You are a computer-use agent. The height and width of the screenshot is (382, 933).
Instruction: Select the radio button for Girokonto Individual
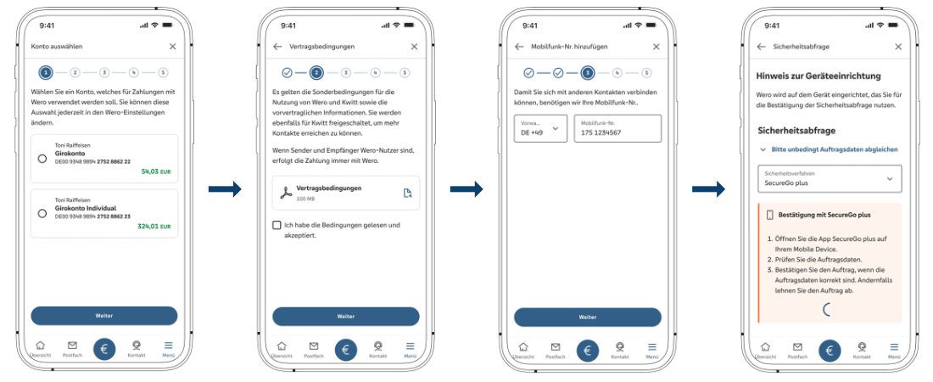tap(42, 213)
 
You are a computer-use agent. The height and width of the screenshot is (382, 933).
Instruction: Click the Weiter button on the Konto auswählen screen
tap(104, 316)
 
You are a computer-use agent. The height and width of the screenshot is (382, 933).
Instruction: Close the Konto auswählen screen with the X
tap(173, 47)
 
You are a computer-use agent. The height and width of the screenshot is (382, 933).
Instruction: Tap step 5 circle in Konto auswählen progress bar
tap(163, 73)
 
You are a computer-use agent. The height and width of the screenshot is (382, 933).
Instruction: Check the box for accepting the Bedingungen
tap(277, 225)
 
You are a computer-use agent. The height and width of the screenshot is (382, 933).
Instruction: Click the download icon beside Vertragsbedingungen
tap(407, 193)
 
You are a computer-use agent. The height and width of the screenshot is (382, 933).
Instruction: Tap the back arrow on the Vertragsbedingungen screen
tap(277, 47)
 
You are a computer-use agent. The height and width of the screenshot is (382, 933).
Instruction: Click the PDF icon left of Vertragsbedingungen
tap(284, 193)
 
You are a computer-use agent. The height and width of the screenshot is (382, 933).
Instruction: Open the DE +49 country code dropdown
tap(540, 128)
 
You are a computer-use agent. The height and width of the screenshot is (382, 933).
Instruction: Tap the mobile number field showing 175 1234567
tap(617, 128)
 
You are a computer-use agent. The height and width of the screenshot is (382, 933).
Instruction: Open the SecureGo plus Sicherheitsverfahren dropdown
tap(829, 178)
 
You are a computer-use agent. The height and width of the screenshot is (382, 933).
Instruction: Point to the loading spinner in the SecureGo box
tap(829, 310)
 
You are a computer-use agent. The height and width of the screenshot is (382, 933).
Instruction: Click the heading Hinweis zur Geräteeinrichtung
tap(818, 76)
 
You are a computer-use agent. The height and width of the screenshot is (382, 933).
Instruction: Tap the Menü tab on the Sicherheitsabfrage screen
tap(894, 350)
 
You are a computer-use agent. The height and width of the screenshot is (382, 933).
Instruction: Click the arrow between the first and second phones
tap(225, 189)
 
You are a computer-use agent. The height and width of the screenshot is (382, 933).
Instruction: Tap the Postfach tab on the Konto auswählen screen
tap(72, 350)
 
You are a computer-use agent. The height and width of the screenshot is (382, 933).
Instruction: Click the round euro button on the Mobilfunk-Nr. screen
tap(588, 349)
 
